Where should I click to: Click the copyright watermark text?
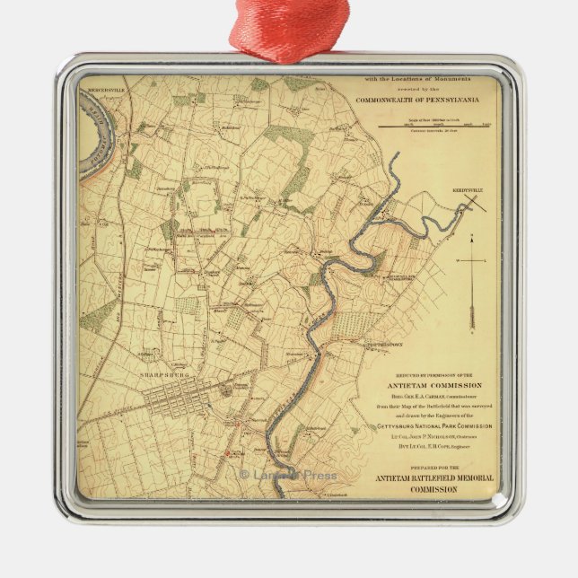287,475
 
